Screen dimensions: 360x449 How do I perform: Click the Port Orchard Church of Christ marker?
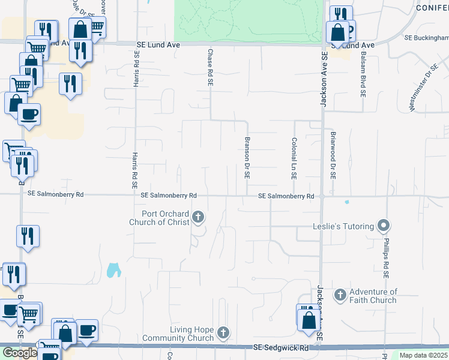198,218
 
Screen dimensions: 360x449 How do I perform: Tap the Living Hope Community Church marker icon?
223,332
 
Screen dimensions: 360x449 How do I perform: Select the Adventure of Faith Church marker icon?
340,295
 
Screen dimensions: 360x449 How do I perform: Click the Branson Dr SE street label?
247,158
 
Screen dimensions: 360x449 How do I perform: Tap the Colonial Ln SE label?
294,159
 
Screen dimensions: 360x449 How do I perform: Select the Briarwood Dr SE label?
332,156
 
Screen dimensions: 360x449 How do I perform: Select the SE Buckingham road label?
426,37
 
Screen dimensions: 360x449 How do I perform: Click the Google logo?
19,353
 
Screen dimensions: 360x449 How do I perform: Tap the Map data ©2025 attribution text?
424,356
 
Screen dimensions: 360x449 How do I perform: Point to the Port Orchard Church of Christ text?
165,218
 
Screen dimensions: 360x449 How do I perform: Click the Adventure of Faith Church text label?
373,296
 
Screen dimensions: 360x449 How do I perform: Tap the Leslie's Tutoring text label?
343,227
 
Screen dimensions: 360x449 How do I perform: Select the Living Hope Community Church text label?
178,334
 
